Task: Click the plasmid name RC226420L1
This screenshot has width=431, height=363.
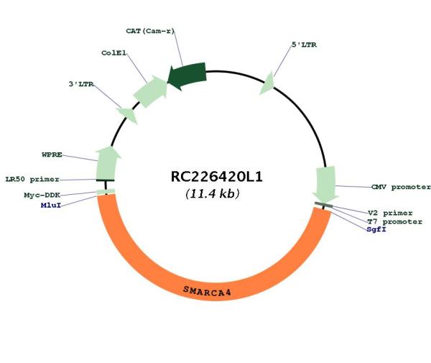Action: (x=217, y=177)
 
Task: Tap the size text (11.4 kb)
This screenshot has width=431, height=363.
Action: (x=213, y=193)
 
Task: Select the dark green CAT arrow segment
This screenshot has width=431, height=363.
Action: (x=187, y=75)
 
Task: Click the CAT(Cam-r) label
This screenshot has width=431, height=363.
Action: (x=150, y=31)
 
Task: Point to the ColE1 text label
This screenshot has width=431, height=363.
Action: (x=113, y=52)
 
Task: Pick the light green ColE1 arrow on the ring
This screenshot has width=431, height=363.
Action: (x=150, y=91)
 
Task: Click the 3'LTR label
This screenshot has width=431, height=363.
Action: (x=81, y=84)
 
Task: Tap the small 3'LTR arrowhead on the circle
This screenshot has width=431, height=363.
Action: (x=128, y=115)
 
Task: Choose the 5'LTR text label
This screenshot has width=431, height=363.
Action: (x=304, y=45)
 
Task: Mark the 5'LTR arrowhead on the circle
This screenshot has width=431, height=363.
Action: (x=267, y=83)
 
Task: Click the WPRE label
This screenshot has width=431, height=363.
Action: (x=52, y=155)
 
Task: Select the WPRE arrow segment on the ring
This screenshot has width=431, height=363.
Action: (x=108, y=162)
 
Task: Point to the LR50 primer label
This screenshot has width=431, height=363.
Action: (x=32, y=179)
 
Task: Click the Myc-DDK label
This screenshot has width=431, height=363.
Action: (x=42, y=196)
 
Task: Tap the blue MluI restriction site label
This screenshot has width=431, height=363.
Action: (x=51, y=205)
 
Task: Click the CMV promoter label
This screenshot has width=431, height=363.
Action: (x=401, y=187)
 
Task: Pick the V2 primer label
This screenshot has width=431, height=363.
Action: (x=390, y=213)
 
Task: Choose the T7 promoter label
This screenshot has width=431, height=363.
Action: (x=395, y=221)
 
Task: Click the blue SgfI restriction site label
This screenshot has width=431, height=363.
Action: (x=376, y=229)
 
